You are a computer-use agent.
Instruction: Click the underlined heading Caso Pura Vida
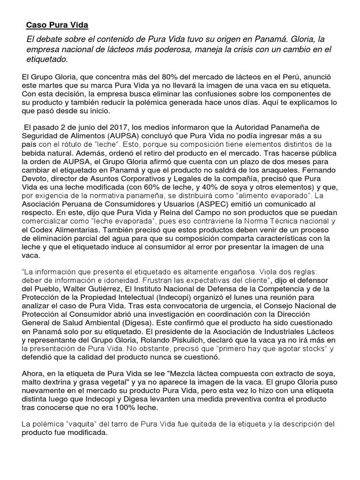pos(57,24)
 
